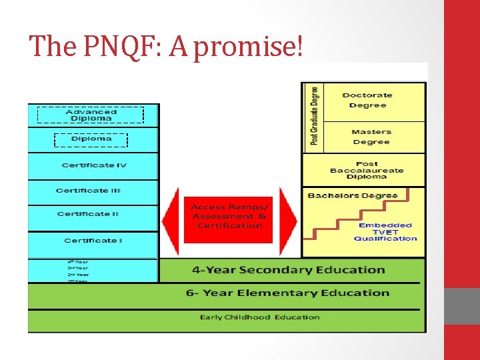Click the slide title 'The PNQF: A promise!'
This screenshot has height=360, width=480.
pos(166,46)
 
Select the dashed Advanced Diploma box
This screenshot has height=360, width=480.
pos(91,115)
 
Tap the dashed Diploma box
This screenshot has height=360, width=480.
pos(91,139)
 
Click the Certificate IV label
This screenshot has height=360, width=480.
pos(94,165)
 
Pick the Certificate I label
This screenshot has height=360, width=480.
pos(93,241)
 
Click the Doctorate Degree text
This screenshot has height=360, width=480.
pos(368,100)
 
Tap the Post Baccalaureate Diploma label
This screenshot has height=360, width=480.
pos(367,170)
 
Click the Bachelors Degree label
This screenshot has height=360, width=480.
pos(362,196)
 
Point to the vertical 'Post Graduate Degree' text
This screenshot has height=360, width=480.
pos(314,117)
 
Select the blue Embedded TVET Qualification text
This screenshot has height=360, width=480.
pos(385,231)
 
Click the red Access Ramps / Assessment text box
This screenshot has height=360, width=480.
pos(229,217)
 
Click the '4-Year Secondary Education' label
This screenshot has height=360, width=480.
pos(288,270)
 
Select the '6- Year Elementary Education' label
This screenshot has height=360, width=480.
pos(287,293)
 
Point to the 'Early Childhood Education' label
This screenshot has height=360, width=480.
pos(260,317)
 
